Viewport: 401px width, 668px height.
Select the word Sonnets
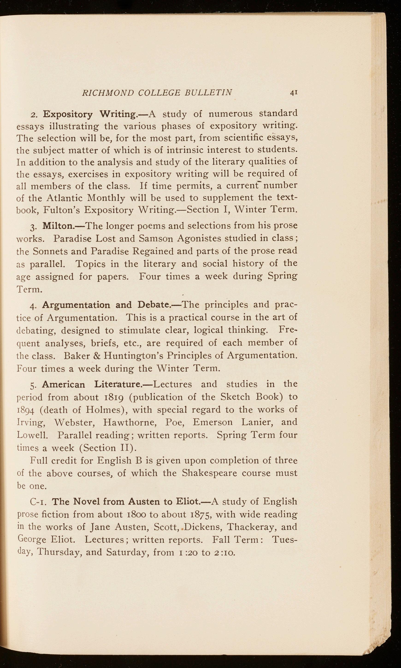pos(50,251)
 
